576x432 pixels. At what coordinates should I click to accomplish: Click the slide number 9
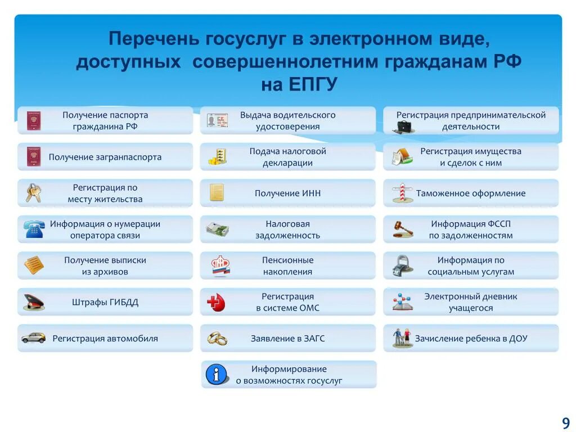pos(565,423)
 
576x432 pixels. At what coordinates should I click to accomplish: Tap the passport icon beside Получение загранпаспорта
pos(33,157)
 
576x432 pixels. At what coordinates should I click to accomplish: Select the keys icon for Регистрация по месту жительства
pos(33,193)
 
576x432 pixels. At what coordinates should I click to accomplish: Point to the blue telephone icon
pos(33,229)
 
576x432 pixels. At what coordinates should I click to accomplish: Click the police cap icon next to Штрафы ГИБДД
pos(33,303)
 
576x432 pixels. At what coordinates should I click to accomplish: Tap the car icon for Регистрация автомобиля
pos(33,338)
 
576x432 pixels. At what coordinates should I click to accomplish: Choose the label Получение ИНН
pos(288,193)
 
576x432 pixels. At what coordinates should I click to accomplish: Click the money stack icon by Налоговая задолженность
pos(217,229)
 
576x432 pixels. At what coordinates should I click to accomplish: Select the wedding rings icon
pos(217,338)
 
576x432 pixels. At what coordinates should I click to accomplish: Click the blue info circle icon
pos(217,374)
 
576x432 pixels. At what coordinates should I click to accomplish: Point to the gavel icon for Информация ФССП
pos(402,229)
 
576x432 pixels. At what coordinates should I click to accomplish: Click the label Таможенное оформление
pos(471,193)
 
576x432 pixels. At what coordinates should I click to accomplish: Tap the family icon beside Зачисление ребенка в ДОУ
pos(402,337)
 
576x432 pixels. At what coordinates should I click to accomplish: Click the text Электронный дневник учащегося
pos(471,302)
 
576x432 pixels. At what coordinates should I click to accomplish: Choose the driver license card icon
pos(217,120)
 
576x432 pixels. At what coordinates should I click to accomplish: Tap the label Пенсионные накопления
pos(287,265)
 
